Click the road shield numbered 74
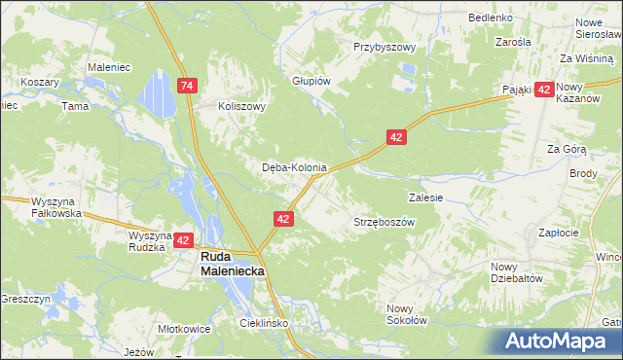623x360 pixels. pyautogui.click(x=189, y=87)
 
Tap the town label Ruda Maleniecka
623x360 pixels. pyautogui.click(x=232, y=264)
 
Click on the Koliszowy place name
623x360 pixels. pyautogui.click(x=241, y=107)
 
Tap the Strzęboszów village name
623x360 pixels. pyautogui.click(x=384, y=222)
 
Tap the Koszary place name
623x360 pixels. pyautogui.click(x=40, y=83)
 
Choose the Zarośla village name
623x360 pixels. pyautogui.click(x=512, y=43)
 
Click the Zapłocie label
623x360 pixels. pyautogui.click(x=559, y=233)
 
